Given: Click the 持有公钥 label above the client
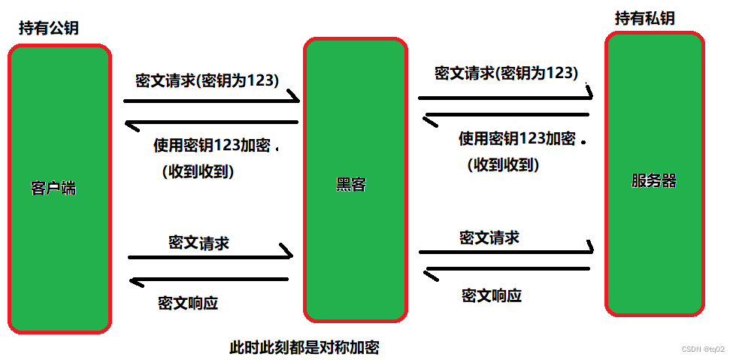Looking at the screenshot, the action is (49, 29).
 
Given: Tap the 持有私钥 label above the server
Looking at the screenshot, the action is (644, 19).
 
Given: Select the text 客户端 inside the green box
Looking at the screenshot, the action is (53, 188).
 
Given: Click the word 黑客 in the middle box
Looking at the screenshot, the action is (350, 184).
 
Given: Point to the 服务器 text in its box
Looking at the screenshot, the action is (653, 181).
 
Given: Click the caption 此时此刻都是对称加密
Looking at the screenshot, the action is (304, 348).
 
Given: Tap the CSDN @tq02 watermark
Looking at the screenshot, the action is (703, 349).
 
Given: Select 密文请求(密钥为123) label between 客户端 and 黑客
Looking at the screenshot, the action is (207, 80).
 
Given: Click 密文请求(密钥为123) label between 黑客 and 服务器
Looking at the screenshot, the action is (506, 73).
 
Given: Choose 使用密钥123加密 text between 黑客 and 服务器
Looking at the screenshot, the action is (516, 138).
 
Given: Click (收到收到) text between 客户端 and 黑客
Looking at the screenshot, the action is (198, 171).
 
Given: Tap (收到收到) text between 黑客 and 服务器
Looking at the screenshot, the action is (503, 164).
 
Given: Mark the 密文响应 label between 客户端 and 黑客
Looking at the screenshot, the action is (188, 303).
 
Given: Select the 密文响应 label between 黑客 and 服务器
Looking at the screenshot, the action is (491, 295).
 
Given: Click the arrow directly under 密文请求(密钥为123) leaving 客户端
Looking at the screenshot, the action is (211, 100).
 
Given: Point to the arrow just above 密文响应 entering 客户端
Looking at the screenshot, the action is (209, 280).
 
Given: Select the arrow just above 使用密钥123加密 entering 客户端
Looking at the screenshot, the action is (211, 122).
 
